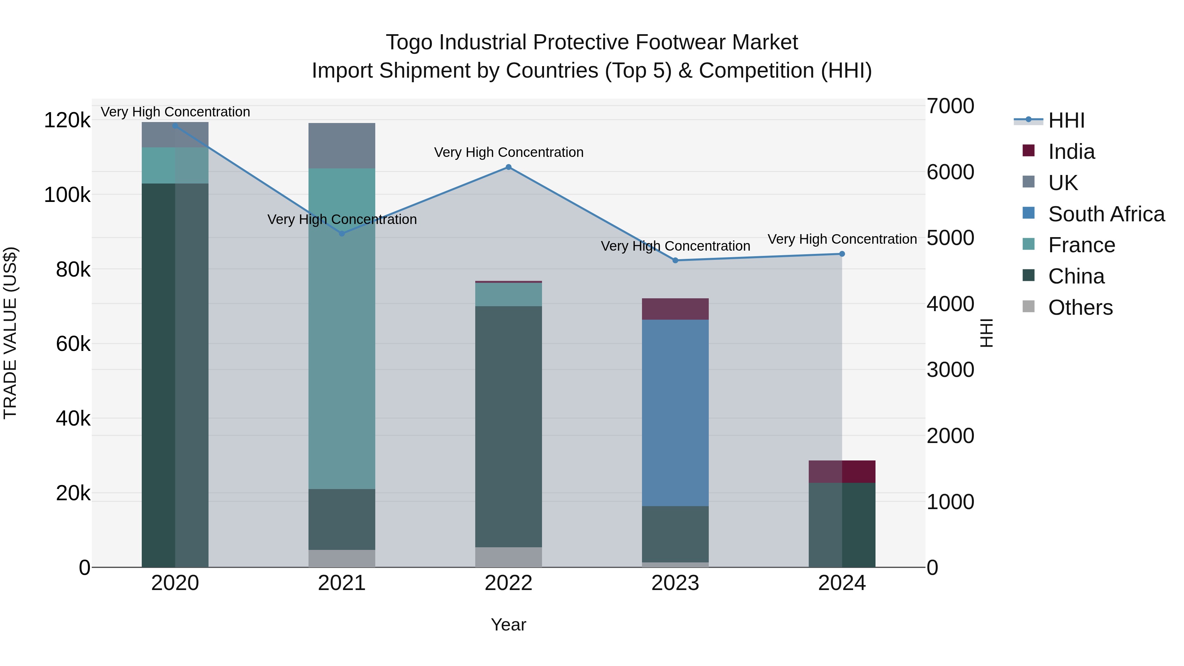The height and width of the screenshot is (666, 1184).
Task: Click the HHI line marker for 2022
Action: pos(508,167)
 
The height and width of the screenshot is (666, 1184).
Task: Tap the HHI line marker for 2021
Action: pos(341,234)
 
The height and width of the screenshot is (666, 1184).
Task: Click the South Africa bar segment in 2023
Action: pos(675,413)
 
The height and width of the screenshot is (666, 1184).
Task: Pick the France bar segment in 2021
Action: pos(341,329)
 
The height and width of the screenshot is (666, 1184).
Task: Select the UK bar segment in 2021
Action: pos(341,146)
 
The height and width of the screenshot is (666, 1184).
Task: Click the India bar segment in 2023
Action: pos(675,309)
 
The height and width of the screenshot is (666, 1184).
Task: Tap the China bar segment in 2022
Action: pos(508,427)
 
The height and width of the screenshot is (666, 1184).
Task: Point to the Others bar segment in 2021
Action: pos(341,558)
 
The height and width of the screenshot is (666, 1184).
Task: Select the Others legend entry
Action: pos(1080,308)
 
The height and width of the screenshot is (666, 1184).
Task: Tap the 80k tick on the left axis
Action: pos(73,270)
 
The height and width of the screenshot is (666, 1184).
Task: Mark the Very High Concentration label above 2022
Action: pos(508,152)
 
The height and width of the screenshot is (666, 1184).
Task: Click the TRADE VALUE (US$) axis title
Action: pos(11,333)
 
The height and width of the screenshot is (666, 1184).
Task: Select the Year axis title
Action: pos(508,625)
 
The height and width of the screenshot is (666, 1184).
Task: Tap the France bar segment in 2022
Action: pos(508,295)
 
